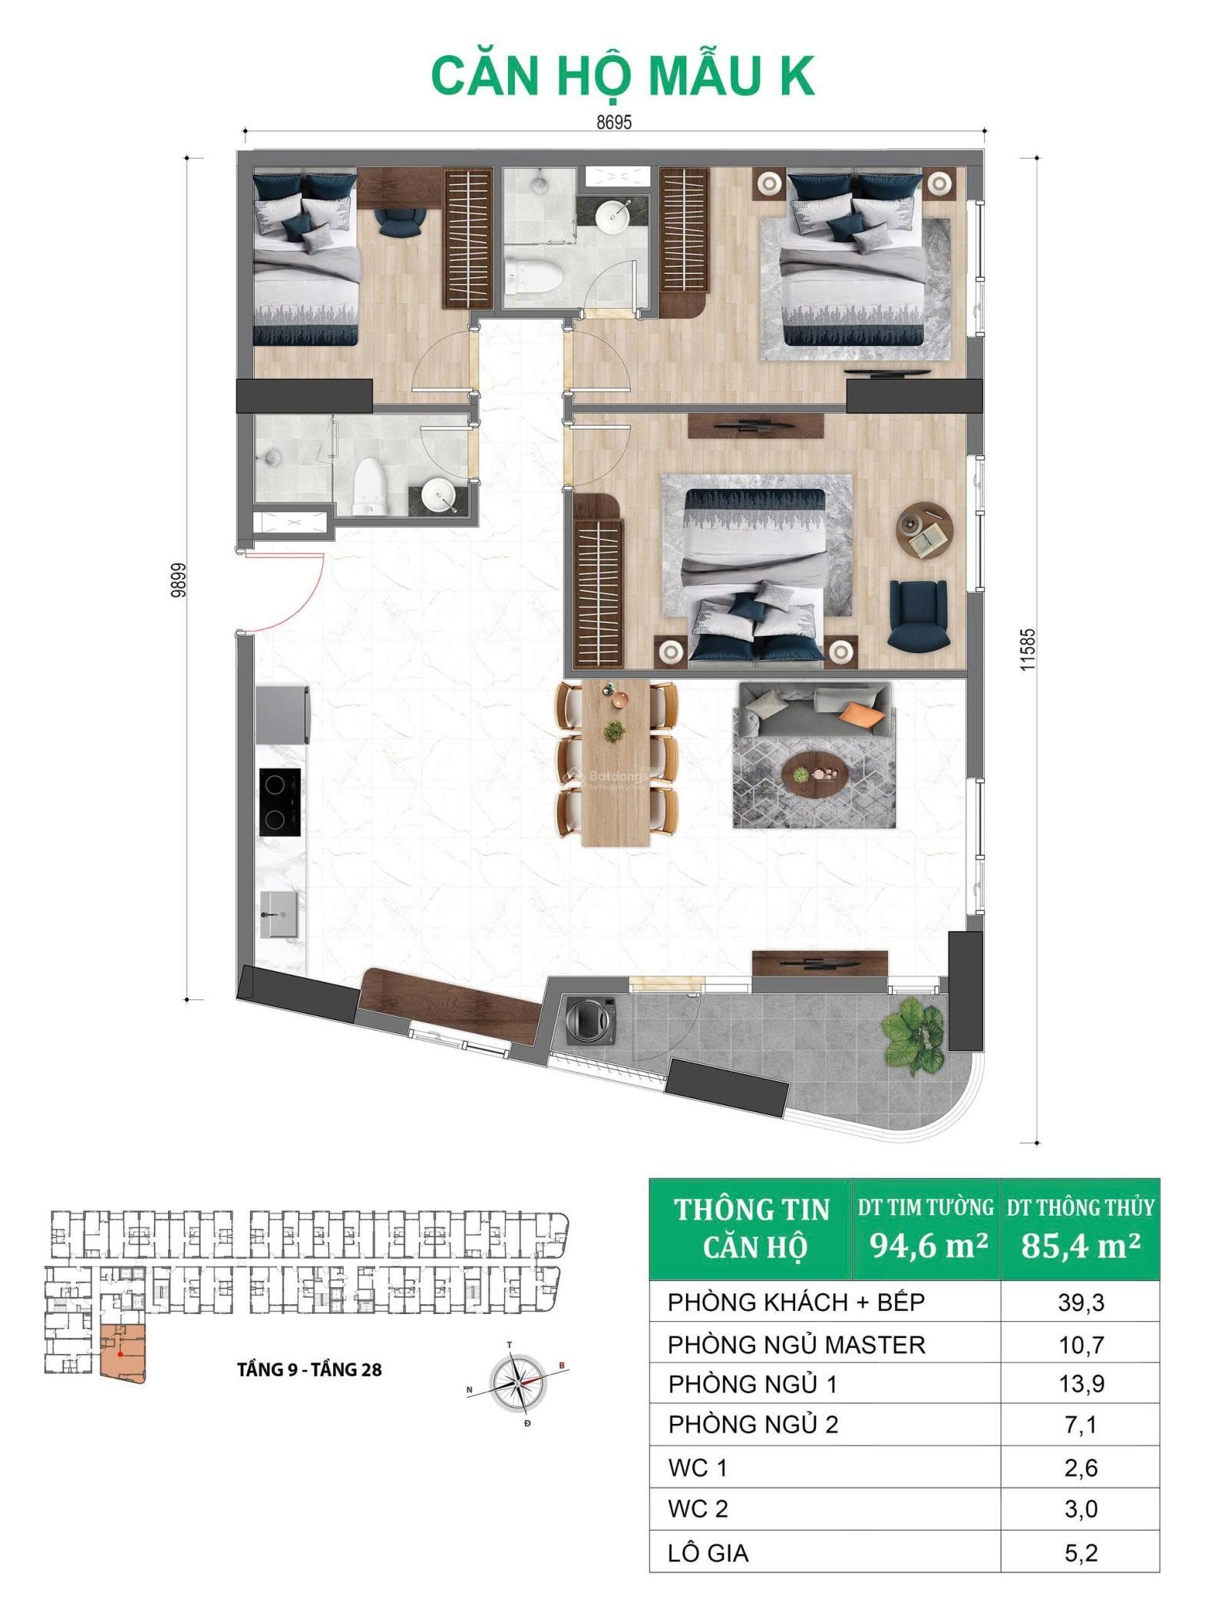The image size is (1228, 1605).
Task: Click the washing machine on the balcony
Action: click(590, 1019)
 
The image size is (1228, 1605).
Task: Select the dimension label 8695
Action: click(614, 123)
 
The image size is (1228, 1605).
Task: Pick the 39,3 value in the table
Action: click(1080, 1302)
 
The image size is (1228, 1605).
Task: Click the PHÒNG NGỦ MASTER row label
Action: click(797, 1344)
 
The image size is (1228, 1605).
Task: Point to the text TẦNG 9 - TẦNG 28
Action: click(309, 1369)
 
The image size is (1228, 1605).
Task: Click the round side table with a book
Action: click(925, 530)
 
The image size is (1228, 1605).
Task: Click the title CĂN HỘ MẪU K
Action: click(622, 76)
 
